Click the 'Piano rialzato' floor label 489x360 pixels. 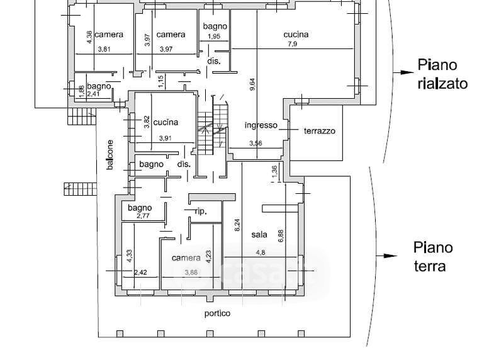[x=442, y=74]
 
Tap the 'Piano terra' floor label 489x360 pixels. [x=432, y=256]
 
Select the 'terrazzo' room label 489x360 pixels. [x=320, y=131]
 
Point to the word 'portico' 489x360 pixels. [x=217, y=313]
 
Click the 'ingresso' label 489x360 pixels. [x=261, y=125]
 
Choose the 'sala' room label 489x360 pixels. [x=259, y=234]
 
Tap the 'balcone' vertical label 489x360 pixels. [x=110, y=154]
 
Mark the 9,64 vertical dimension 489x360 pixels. [x=252, y=85]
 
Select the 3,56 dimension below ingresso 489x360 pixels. [x=256, y=143]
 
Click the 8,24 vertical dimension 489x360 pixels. [x=237, y=225]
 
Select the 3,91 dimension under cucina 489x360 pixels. [x=166, y=138]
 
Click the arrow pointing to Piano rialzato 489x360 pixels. [x=400, y=72]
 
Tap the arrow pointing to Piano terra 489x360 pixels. [x=386, y=256]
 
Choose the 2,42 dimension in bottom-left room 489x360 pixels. [x=140, y=273]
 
